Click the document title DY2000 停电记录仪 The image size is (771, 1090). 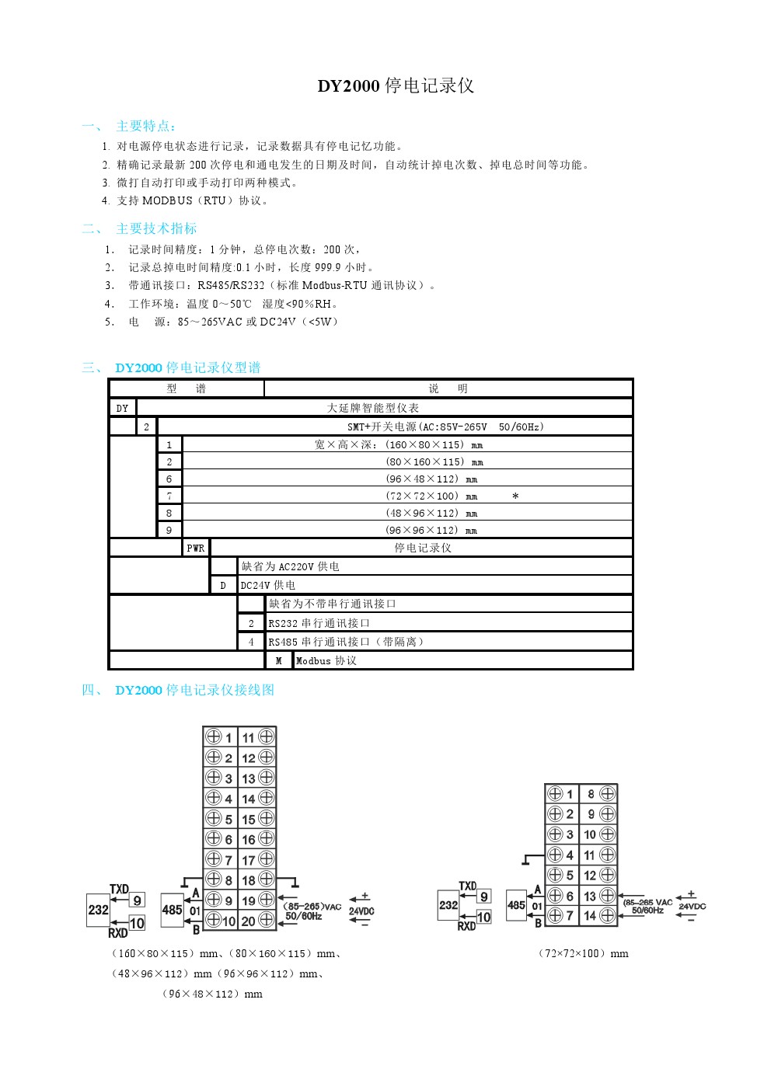point(396,86)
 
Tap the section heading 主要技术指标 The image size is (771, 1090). point(156,228)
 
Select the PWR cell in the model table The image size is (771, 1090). point(196,548)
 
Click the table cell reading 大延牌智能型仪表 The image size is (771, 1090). point(373,408)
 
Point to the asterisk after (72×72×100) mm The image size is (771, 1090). point(515,496)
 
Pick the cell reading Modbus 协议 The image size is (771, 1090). point(326,661)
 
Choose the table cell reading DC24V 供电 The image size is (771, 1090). point(268,586)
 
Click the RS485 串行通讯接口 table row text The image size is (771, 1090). point(346,643)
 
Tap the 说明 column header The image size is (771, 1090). point(448,389)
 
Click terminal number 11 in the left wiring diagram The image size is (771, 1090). point(249,737)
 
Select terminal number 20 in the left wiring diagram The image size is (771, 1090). point(249,921)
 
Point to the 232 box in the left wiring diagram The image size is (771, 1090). point(98,910)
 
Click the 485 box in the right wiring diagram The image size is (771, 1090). point(516,905)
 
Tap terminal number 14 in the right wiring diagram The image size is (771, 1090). point(590,916)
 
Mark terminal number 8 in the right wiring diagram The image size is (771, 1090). point(591,794)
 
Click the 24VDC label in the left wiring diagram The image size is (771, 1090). point(361,911)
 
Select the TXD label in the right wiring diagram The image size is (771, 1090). point(468,886)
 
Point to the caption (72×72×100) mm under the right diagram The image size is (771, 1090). point(584,954)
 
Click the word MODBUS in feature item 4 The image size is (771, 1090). point(167,201)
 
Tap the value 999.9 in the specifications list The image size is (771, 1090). point(328,267)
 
